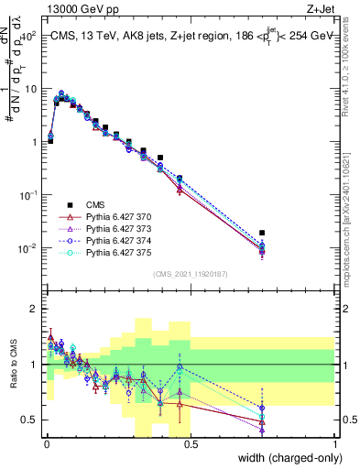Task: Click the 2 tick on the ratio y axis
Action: [x=35, y=309]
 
